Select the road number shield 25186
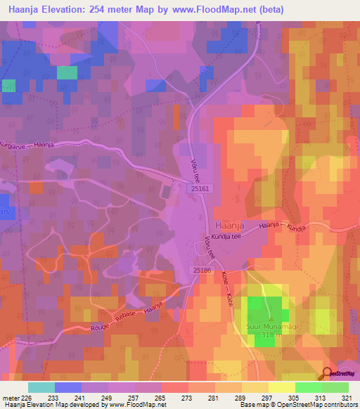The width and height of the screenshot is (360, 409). pyautogui.click(x=202, y=270)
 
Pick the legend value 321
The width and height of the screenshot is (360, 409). pyautogui.click(x=347, y=397)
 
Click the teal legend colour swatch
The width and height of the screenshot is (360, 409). pyautogui.click(x=41, y=387)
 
